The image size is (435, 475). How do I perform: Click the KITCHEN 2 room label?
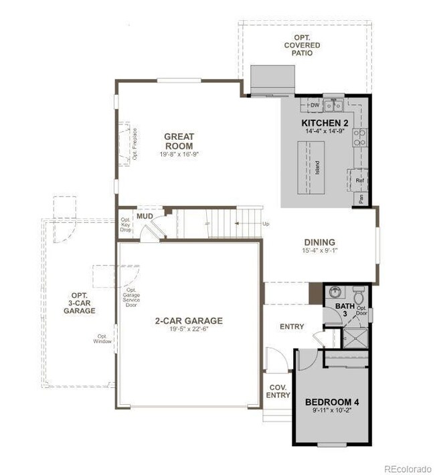pos(325,124)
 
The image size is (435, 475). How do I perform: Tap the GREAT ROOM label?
pos(179,141)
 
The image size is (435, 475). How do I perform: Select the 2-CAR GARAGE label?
pos(189,320)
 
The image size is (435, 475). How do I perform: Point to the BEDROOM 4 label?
pos(332,402)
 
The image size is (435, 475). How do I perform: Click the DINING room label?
pos(319,242)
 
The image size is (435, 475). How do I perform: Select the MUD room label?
pos(145,216)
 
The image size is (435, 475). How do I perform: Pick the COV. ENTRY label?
pos(279,391)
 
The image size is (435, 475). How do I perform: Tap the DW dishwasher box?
pos(315,106)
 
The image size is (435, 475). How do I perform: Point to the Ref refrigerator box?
pos(359,181)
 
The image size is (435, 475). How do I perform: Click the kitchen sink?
pos(334,105)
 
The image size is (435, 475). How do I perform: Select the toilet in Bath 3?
pos(358,295)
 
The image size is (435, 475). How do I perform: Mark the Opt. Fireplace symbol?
pos(126,142)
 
